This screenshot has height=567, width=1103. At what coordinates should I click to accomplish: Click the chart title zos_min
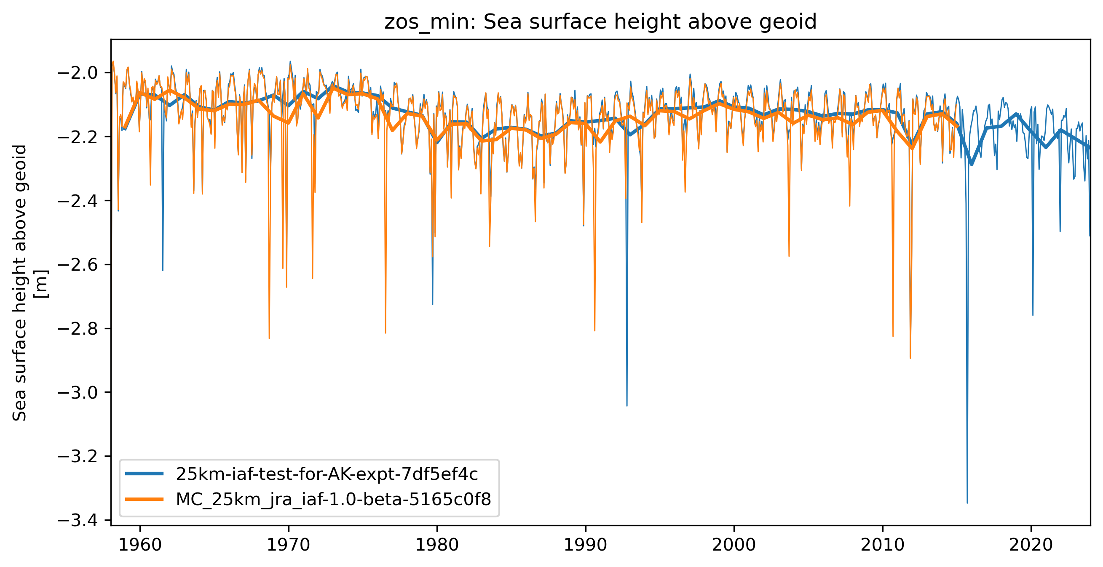(x=600, y=22)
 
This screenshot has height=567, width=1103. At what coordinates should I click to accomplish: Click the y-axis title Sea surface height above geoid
(x=20, y=283)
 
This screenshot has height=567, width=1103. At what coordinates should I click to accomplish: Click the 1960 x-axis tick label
(x=140, y=545)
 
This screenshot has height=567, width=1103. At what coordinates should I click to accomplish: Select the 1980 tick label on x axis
(x=437, y=545)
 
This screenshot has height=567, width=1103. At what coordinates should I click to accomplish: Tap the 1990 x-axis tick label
(x=585, y=545)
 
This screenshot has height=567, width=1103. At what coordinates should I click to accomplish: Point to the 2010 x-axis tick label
(x=883, y=545)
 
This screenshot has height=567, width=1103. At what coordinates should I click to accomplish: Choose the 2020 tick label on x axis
(x=1031, y=545)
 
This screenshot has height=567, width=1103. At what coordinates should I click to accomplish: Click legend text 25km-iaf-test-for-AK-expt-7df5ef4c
(x=327, y=474)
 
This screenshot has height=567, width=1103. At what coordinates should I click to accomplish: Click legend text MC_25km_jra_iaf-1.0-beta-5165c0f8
(x=333, y=499)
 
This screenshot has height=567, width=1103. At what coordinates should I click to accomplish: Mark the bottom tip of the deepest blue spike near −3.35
(x=967, y=503)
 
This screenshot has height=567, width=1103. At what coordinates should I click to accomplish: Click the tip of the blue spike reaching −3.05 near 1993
(x=627, y=406)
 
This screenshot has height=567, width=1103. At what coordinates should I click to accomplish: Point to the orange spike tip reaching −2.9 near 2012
(x=910, y=358)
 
